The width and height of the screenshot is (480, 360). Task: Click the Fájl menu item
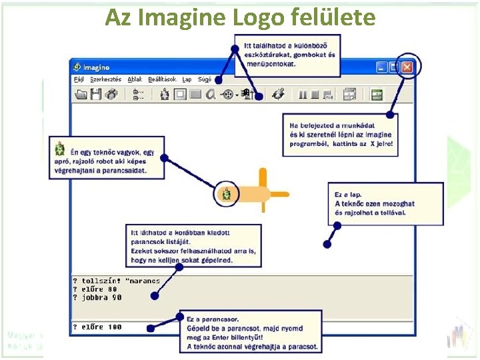[x=79, y=79]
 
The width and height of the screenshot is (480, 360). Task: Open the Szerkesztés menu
[x=106, y=79]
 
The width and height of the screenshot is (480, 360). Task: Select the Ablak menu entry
[x=135, y=79]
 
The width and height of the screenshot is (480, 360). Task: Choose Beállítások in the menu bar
[x=163, y=79]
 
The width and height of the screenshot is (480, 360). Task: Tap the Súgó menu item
[x=205, y=79]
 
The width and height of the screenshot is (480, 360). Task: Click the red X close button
[x=407, y=67]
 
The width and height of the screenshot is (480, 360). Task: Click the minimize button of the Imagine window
[x=382, y=67]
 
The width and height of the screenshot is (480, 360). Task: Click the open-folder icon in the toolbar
[x=81, y=95]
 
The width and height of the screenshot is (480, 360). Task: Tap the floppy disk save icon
[x=96, y=95]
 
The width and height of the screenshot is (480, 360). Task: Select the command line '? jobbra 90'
[x=97, y=298]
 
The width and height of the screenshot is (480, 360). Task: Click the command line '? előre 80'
[x=95, y=289]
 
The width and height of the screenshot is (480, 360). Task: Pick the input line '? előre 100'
[x=97, y=327]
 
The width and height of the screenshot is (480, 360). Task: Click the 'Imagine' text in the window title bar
[x=97, y=67]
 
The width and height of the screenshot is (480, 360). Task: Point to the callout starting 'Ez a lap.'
[x=385, y=203]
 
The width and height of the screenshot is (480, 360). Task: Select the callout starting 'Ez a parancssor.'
[x=250, y=333]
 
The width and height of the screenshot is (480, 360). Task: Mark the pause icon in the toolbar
[x=303, y=95]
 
